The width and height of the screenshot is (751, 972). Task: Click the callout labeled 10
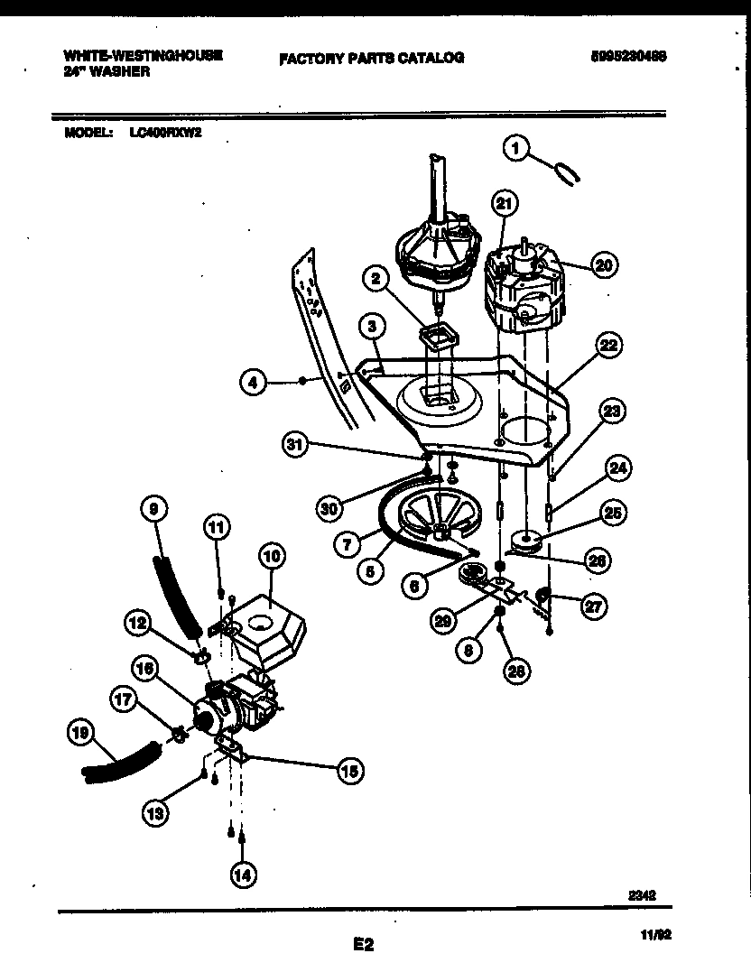click(x=272, y=556)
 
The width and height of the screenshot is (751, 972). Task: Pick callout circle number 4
click(x=254, y=384)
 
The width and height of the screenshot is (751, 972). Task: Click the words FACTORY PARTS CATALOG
click(x=371, y=58)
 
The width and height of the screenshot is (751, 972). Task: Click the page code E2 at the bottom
click(x=363, y=945)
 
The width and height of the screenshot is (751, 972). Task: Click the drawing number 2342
click(x=642, y=896)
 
